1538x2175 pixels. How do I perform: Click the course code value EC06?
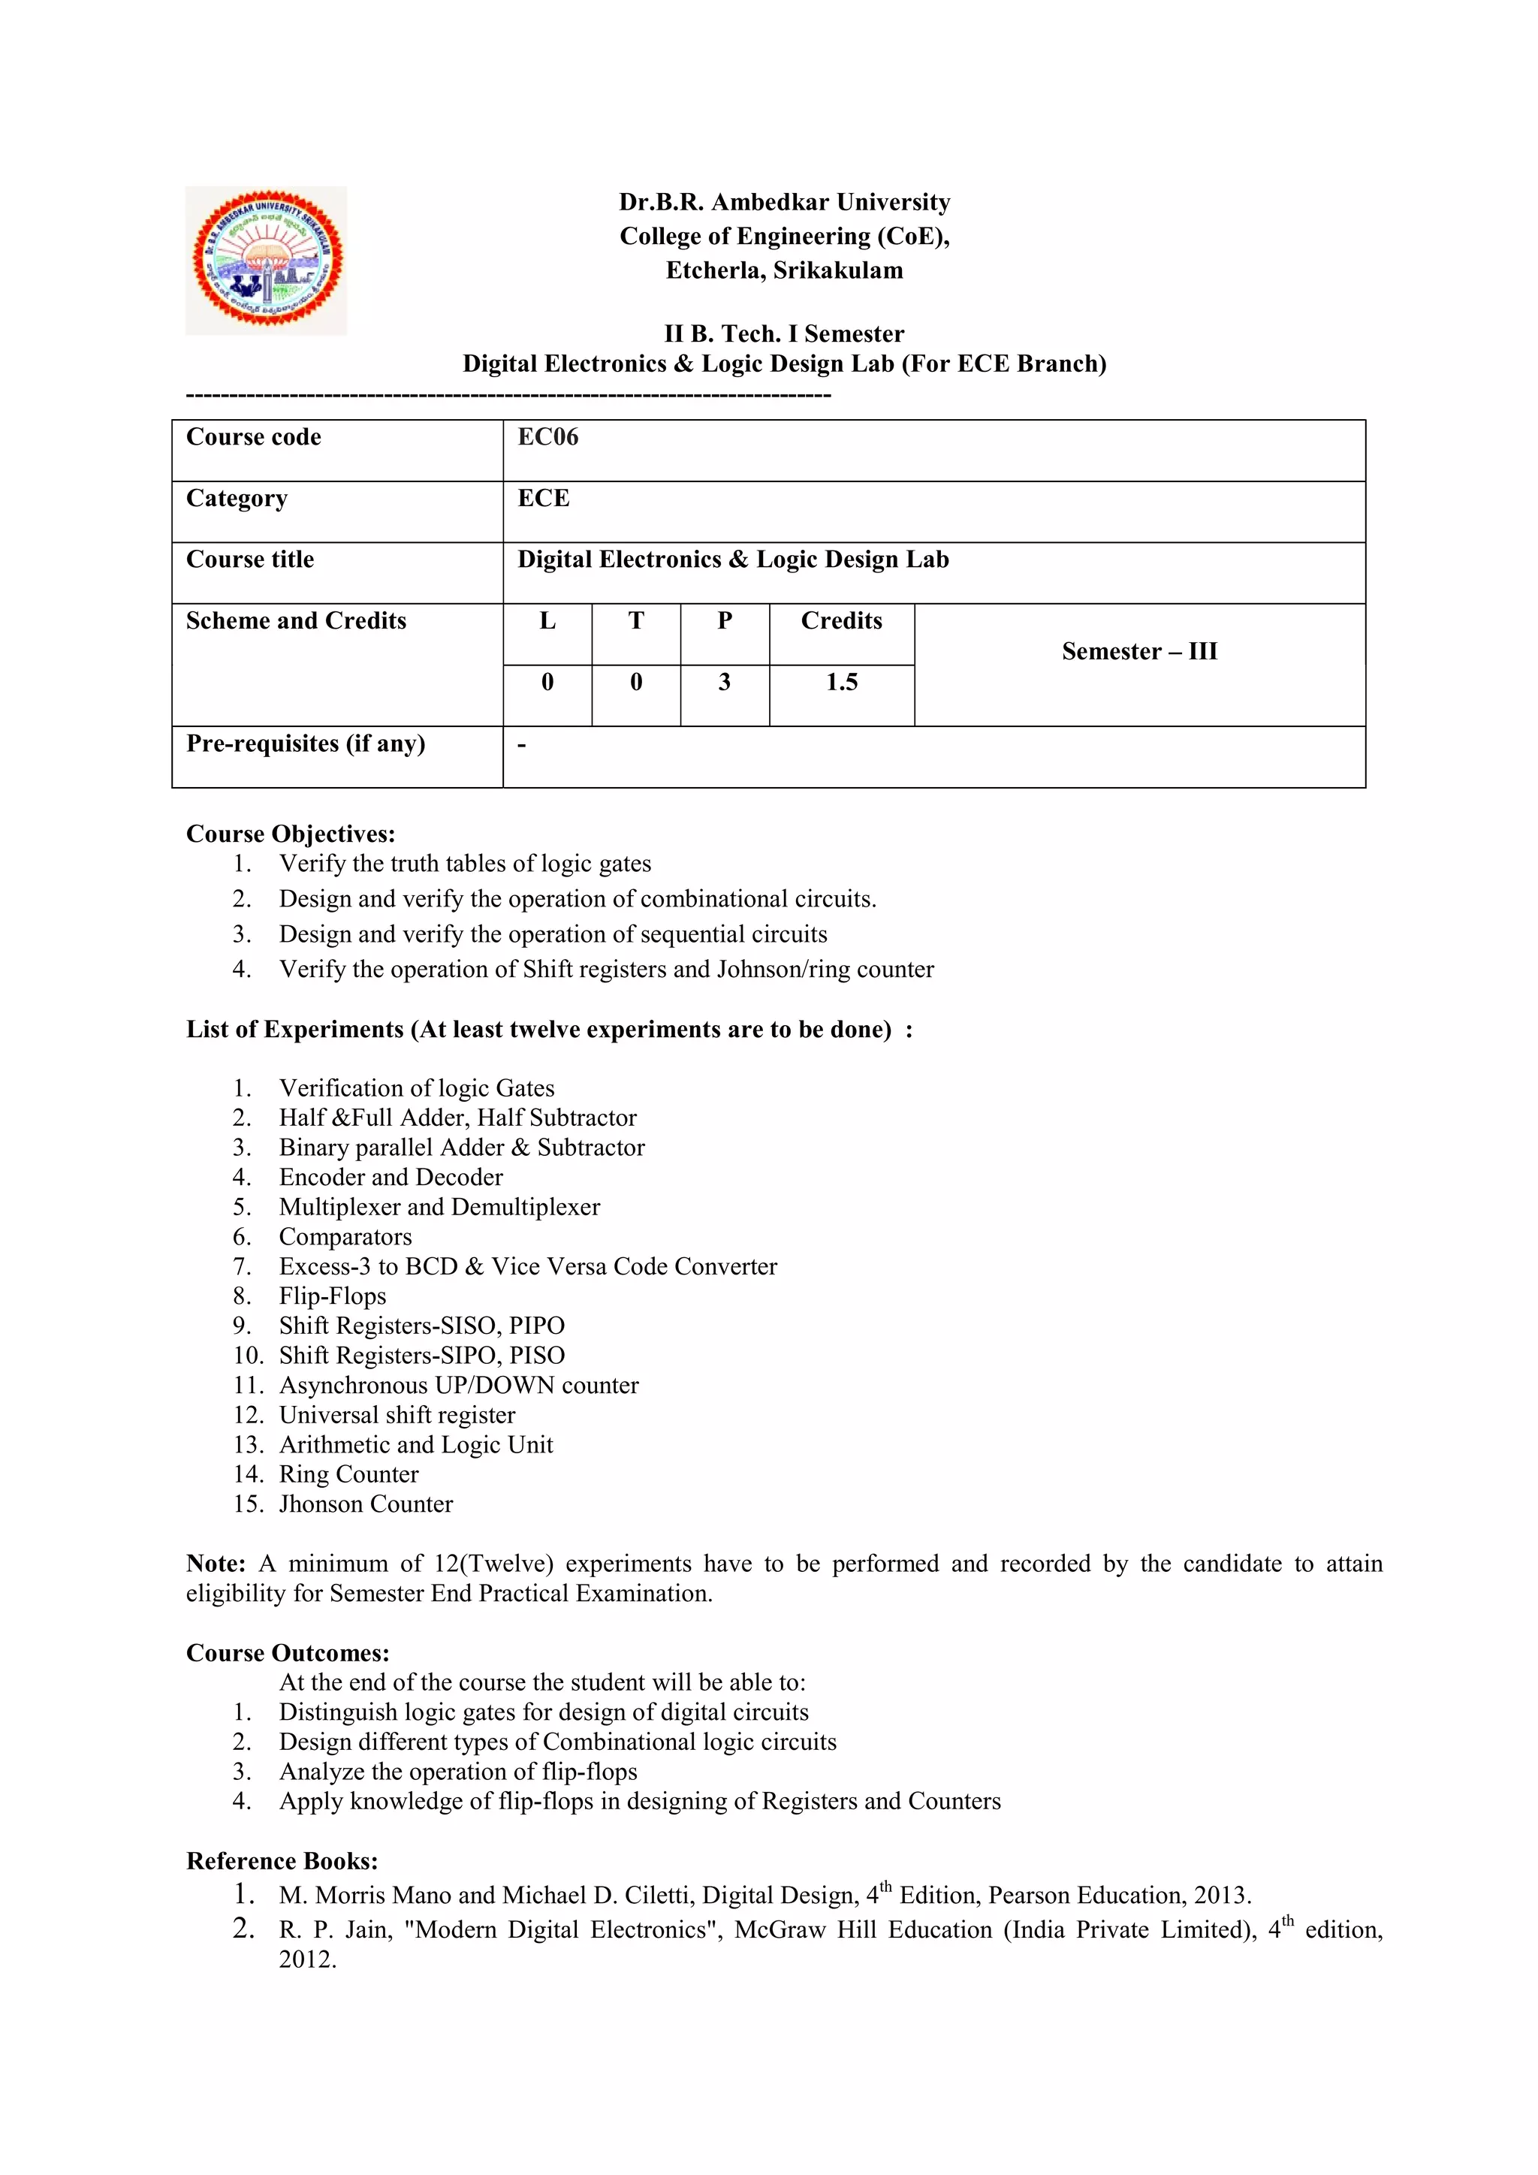click(x=547, y=436)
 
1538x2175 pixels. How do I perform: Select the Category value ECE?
click(x=544, y=498)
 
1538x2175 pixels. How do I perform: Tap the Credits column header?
click(x=841, y=620)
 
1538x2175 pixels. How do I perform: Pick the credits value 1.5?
click(x=841, y=682)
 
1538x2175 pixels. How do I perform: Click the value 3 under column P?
click(x=725, y=682)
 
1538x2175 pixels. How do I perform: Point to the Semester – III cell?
click(x=1139, y=652)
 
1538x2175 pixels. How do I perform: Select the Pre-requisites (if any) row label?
click(x=305, y=744)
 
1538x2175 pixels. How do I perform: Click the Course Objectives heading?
click(x=291, y=834)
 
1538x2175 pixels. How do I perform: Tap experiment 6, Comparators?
click(x=345, y=1236)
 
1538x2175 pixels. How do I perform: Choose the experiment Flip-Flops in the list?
click(x=333, y=1296)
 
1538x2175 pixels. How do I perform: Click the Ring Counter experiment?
click(x=348, y=1474)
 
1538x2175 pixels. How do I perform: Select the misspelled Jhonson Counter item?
click(x=366, y=1504)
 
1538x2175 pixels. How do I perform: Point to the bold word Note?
click(x=216, y=1563)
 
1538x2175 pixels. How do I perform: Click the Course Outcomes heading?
click(x=288, y=1653)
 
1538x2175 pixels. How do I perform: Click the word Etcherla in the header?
click(x=715, y=271)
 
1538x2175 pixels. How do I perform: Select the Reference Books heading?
click(x=282, y=1862)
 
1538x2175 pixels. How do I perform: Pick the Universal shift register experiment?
click(x=397, y=1415)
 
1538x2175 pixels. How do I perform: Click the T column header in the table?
click(x=636, y=620)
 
